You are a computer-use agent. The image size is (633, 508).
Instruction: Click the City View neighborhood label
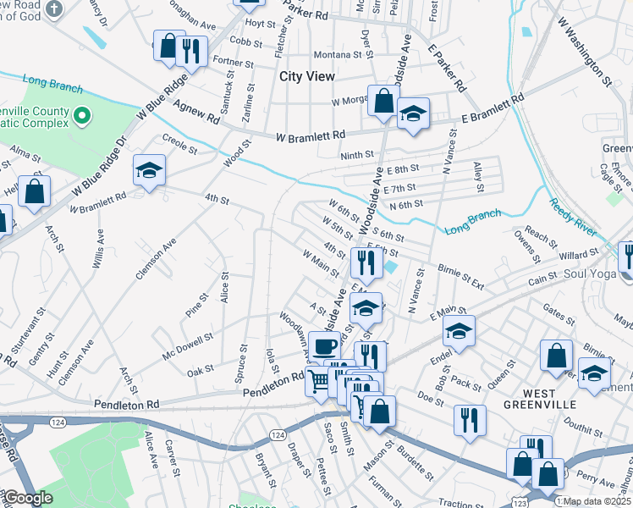[307, 76]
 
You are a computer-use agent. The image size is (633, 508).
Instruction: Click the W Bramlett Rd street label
[311, 135]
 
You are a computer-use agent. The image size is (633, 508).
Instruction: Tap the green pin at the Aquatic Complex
[82, 114]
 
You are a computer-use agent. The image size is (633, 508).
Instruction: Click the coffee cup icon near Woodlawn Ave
[324, 346]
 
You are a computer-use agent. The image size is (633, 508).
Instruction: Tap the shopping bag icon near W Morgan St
[383, 100]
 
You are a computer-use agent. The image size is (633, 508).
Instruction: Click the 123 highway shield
[519, 502]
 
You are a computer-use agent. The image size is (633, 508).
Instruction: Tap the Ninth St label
[357, 155]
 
